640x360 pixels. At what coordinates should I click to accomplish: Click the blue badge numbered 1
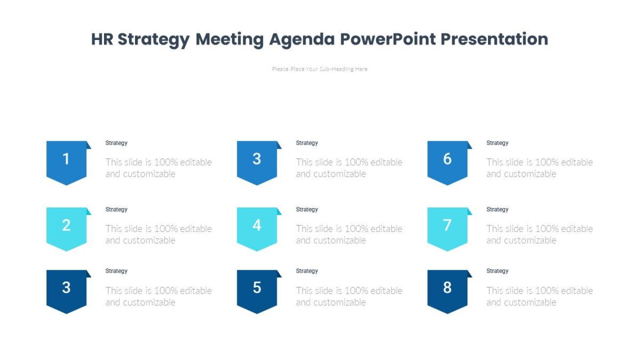click(x=66, y=162)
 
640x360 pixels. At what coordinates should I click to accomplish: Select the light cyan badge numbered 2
click(x=66, y=228)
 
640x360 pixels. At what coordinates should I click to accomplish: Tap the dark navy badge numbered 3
click(x=66, y=290)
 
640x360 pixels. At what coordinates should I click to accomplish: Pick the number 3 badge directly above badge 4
click(x=257, y=162)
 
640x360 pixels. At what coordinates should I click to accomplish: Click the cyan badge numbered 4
click(x=257, y=228)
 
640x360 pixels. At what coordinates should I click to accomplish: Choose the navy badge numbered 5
click(x=257, y=290)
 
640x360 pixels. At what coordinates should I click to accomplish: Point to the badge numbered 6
click(x=447, y=162)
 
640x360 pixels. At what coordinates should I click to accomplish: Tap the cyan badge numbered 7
click(x=447, y=228)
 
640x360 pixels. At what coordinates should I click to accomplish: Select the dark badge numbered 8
click(x=447, y=290)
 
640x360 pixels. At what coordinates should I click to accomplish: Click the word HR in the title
click(x=102, y=39)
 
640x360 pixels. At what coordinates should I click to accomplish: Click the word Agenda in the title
click(x=302, y=39)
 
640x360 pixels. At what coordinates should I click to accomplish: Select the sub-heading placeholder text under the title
click(x=319, y=69)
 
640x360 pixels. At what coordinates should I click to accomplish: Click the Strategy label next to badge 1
click(x=116, y=143)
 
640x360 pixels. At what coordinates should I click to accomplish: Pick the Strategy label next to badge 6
click(x=497, y=143)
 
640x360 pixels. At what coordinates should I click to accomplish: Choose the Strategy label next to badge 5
click(x=307, y=271)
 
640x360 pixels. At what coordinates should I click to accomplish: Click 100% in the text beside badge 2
click(x=165, y=229)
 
